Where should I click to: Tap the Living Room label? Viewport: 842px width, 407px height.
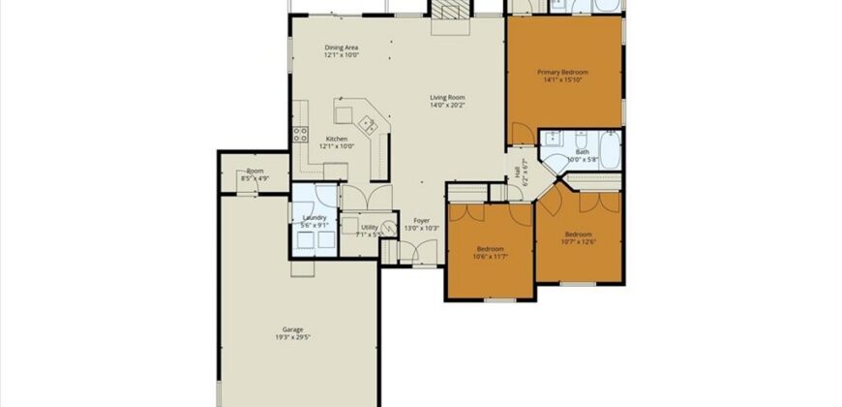(x=448, y=97)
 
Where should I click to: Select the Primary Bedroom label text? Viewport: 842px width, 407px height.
(x=563, y=72)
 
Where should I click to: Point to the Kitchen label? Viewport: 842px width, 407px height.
(x=337, y=139)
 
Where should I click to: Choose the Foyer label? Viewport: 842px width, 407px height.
(x=421, y=221)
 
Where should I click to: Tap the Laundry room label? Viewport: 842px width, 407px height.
(x=315, y=218)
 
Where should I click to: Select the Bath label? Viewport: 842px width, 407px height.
(x=582, y=151)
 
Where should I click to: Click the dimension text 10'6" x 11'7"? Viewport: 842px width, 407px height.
(x=488, y=256)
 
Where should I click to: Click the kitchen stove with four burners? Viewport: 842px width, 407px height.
(x=299, y=135)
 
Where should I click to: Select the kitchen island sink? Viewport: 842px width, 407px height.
(x=367, y=123)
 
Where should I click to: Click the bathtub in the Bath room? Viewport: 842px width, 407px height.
(x=610, y=148)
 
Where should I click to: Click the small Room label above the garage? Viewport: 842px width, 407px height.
(x=255, y=171)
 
